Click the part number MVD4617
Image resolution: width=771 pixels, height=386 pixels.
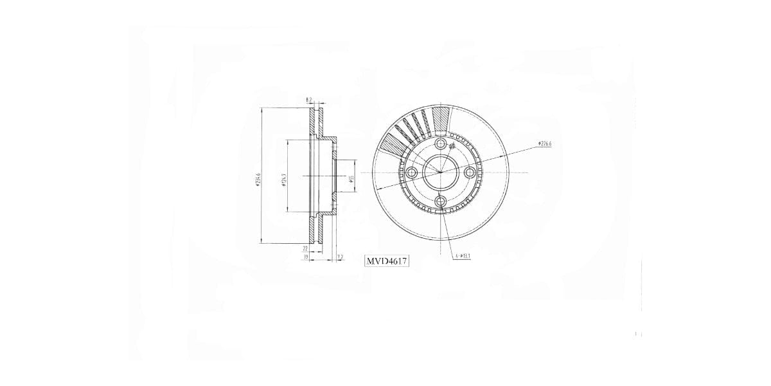387,261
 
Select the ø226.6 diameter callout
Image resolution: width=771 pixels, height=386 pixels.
545,144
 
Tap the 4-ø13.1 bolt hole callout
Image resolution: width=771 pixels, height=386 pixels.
463,256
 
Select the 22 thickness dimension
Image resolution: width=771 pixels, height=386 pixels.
306,248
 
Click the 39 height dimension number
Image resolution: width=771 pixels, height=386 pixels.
306,257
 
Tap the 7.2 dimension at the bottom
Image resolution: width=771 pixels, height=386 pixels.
340,257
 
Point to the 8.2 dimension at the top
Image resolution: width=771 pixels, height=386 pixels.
309,100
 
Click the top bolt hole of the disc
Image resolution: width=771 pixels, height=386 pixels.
440,143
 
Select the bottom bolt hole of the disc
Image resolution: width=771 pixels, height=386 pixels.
440,202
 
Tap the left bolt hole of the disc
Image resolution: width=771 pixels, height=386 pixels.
411,172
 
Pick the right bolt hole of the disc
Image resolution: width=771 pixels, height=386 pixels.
470,172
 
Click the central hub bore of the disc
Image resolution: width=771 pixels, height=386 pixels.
440,172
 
